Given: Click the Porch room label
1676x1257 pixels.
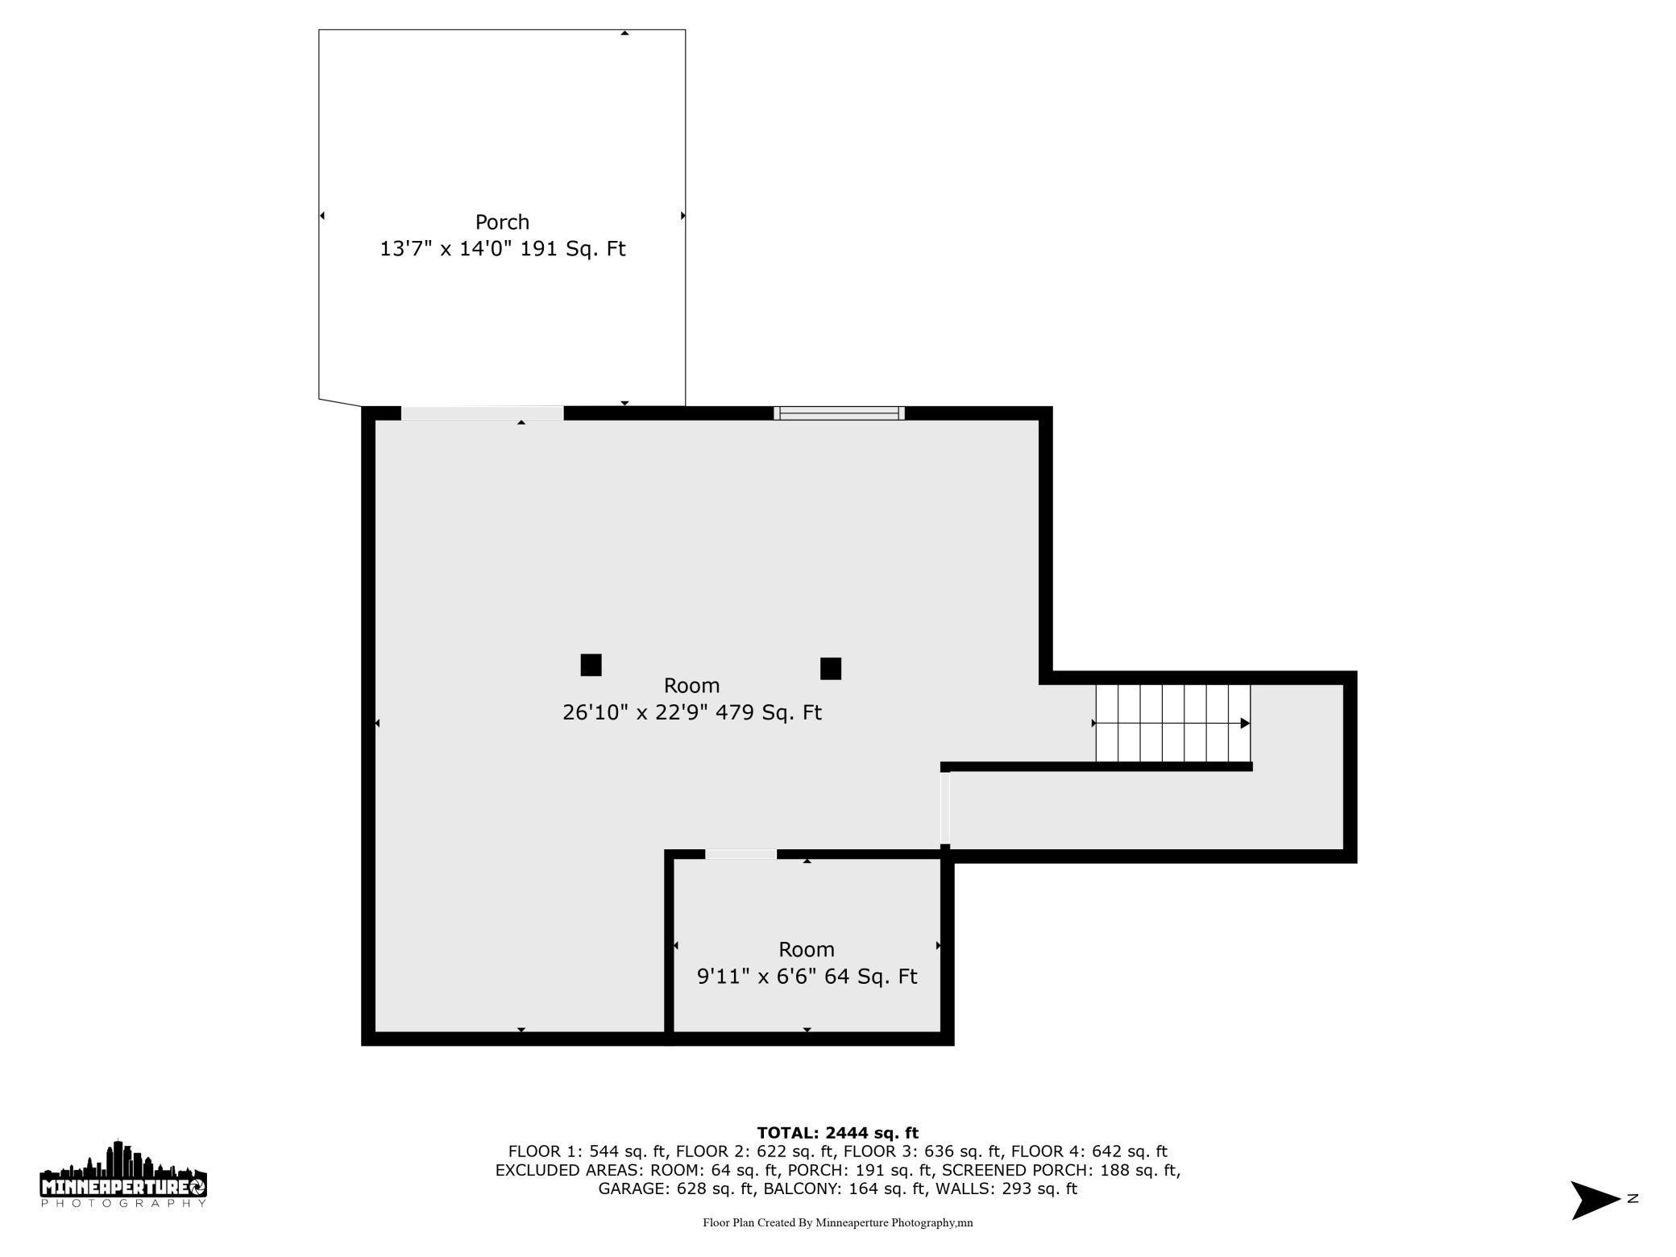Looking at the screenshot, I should coord(502,222).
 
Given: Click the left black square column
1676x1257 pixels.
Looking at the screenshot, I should coord(591,665).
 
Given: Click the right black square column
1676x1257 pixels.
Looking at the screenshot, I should coord(831,669).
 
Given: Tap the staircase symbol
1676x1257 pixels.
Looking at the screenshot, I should coord(1172,723).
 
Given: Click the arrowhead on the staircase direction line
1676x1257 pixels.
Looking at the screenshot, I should coord(1245,724).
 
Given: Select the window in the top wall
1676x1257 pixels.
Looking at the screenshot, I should coord(839,413).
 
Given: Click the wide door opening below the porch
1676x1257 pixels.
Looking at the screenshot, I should coord(482,413).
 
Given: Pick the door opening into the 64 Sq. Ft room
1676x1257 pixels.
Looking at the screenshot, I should coord(741,854).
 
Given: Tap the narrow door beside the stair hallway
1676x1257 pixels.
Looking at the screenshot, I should coord(945,808).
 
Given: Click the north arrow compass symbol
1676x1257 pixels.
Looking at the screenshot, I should coord(1596,1200).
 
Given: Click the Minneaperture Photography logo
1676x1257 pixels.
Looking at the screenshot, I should coord(123,1174).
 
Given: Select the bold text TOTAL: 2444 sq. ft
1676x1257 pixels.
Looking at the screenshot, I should coord(837,1133).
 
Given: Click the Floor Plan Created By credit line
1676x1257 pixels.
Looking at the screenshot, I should coord(837,1222).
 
